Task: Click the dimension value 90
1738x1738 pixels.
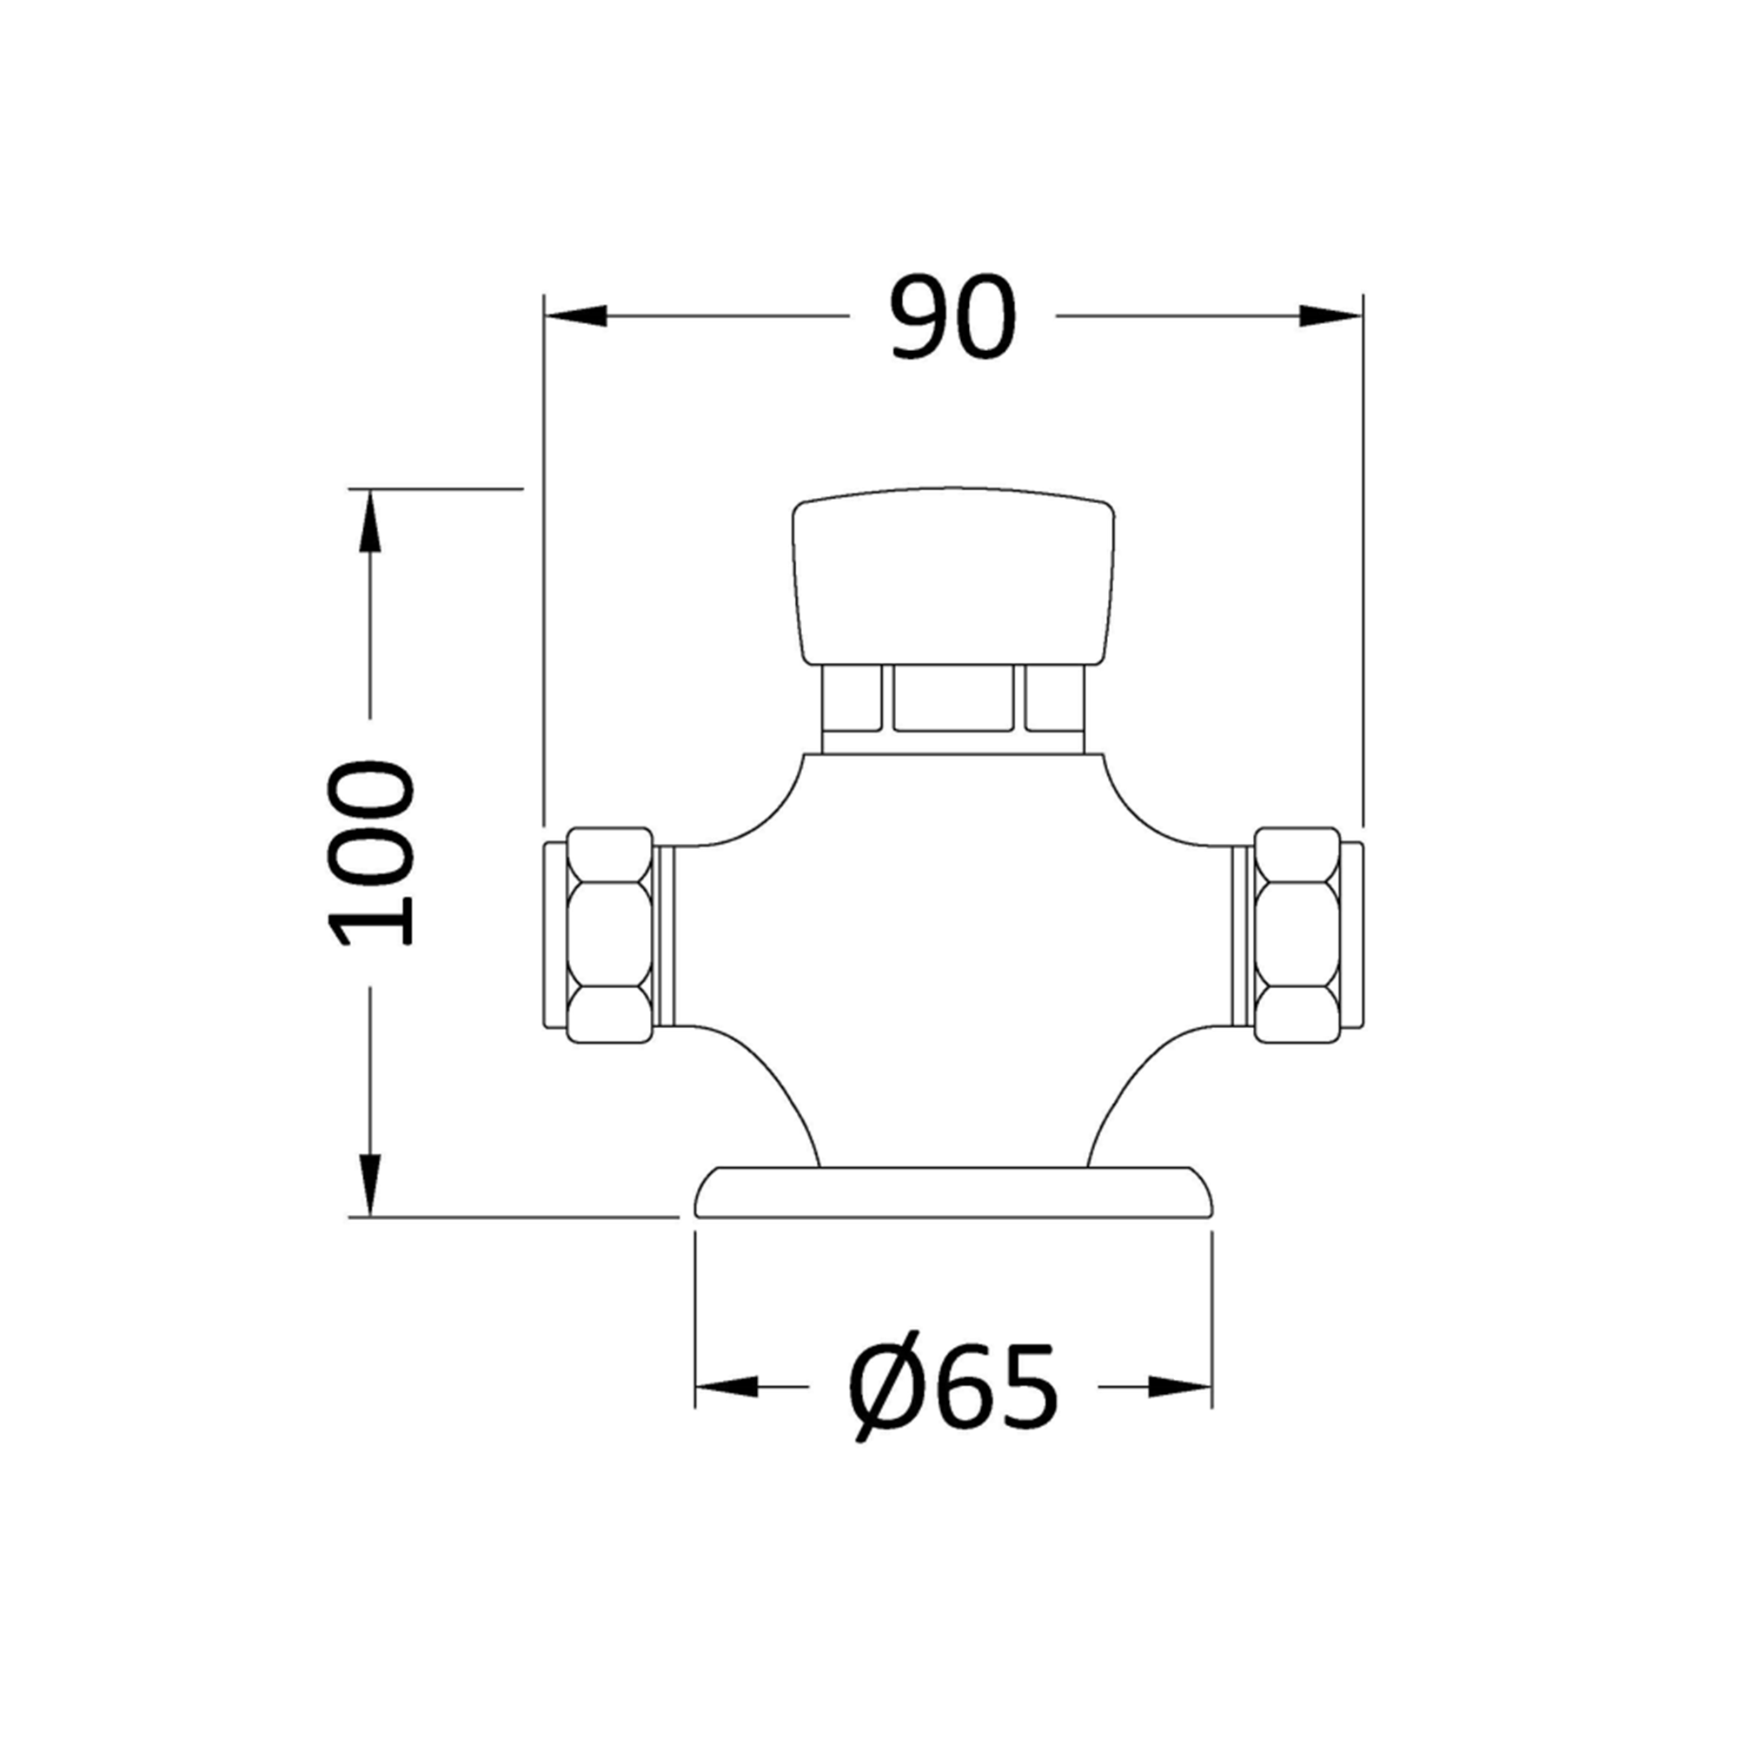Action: click(952, 317)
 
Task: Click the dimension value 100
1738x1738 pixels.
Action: click(372, 852)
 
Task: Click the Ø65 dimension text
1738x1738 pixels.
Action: click(952, 1387)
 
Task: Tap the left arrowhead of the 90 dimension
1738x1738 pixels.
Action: click(576, 315)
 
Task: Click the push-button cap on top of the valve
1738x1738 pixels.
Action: click(953, 576)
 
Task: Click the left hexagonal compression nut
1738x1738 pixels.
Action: click(609, 936)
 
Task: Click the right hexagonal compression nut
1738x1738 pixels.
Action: click(1297, 936)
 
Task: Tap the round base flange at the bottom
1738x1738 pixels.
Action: click(953, 1193)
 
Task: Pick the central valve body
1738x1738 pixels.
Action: click(953, 936)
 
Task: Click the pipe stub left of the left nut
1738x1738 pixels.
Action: click(554, 936)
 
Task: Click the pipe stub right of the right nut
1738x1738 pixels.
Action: click(1351, 936)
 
